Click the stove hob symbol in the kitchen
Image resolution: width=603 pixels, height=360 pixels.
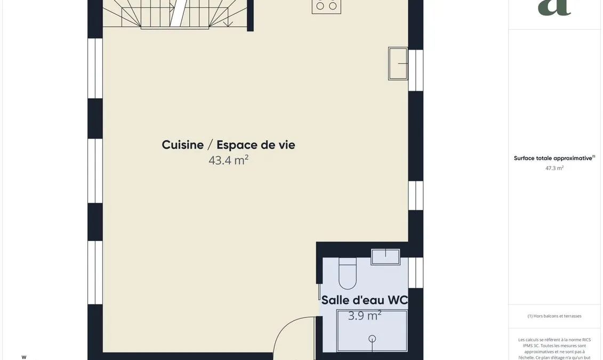pos(326,6)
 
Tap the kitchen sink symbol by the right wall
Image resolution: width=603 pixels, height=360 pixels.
pos(398,63)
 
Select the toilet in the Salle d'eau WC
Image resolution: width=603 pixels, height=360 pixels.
pos(348,274)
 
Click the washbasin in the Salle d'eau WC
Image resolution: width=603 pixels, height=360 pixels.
pos(385,257)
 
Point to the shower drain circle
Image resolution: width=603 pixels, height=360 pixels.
pos(372,339)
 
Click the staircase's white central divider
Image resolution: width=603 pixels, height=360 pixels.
pos(179,13)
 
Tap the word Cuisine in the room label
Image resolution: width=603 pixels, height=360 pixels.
pos(183,145)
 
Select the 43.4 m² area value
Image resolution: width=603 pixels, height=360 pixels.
pos(228,160)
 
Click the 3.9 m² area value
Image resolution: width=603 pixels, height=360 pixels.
pos(365,316)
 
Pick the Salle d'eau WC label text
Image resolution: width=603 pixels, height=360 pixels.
pos(364,300)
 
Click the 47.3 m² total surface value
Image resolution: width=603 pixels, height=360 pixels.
pos(554,168)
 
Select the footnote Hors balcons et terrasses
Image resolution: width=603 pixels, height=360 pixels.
pos(554,316)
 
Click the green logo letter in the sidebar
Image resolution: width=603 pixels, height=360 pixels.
pos(554,7)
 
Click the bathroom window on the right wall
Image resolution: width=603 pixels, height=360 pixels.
pos(415,273)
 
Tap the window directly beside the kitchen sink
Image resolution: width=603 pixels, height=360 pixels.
pos(415,70)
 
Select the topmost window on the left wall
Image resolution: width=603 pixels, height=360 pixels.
pos(95,68)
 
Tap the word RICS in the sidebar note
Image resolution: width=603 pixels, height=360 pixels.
pos(586,340)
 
